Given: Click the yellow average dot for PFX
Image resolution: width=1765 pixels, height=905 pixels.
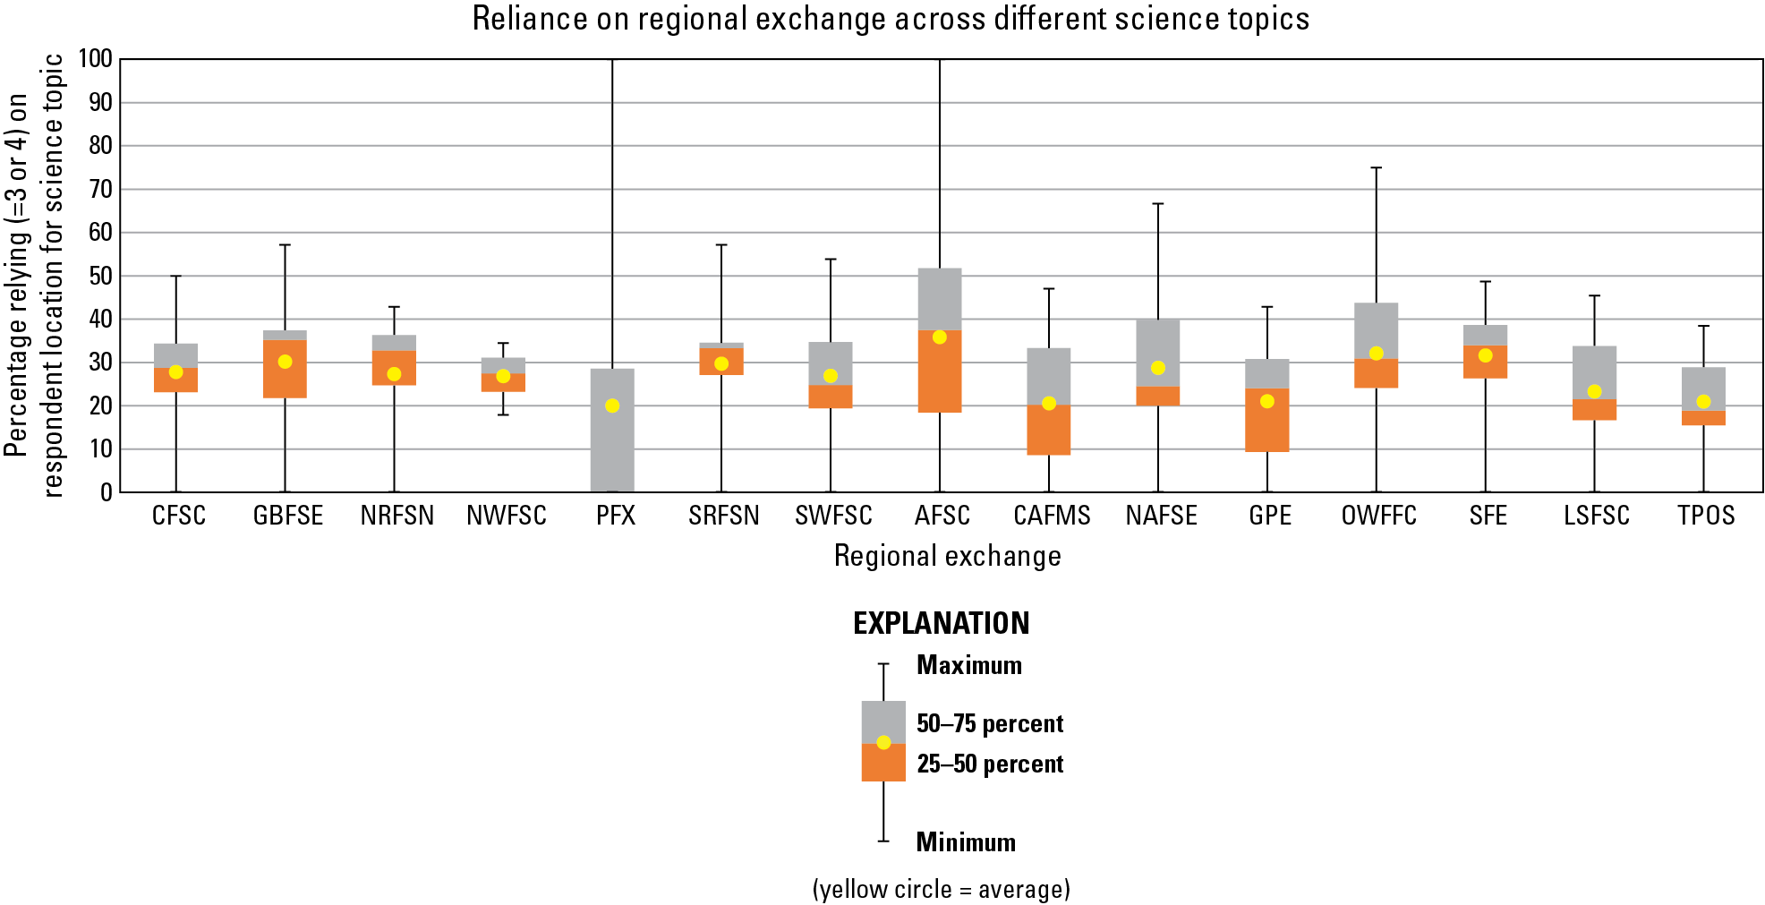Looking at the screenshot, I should click(612, 406).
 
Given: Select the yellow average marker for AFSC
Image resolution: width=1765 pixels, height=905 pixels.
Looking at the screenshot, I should click(940, 337).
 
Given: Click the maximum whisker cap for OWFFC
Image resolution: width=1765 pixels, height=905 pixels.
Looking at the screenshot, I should click(1377, 167).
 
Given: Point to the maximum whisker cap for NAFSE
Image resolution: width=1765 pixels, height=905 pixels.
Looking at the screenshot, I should click(1158, 204).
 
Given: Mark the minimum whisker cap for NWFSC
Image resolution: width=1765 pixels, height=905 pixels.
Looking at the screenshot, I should click(503, 414).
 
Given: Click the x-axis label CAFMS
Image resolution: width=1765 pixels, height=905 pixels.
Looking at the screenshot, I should click(1052, 517).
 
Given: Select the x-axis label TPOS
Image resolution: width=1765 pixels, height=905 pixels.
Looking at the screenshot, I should click(1706, 517).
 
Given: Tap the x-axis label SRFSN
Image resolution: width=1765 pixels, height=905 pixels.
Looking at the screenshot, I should click(724, 517).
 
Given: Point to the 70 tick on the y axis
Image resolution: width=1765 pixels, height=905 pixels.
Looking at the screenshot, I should click(100, 189).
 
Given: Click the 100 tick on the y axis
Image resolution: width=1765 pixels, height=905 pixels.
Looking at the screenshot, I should click(96, 59).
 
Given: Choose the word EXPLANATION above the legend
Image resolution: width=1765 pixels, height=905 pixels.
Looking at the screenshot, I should click(941, 624).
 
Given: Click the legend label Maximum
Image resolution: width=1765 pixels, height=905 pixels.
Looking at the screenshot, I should click(968, 665).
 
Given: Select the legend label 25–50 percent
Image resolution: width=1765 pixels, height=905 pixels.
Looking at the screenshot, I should click(990, 764).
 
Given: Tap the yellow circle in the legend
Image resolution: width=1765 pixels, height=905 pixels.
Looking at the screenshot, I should click(883, 742).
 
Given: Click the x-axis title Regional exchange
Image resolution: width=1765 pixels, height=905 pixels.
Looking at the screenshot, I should click(947, 556).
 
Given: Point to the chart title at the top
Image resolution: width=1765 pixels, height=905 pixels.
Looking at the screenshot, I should click(891, 19).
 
